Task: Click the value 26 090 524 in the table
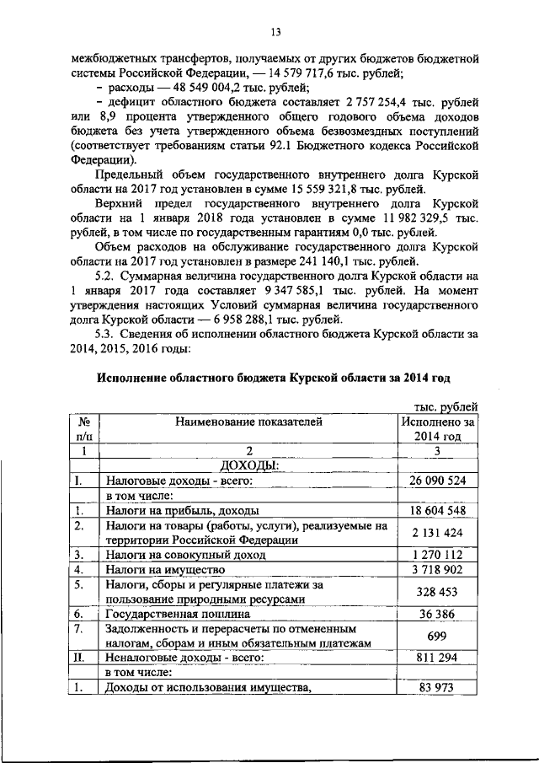click(438, 481)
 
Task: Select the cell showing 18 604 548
click(438, 511)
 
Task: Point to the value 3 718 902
click(438, 571)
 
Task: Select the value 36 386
click(438, 615)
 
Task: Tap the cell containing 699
click(438, 637)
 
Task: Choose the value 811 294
click(438, 658)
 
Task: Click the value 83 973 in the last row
click(438, 689)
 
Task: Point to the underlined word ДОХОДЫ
click(249, 465)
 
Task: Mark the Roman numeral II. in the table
click(83, 658)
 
